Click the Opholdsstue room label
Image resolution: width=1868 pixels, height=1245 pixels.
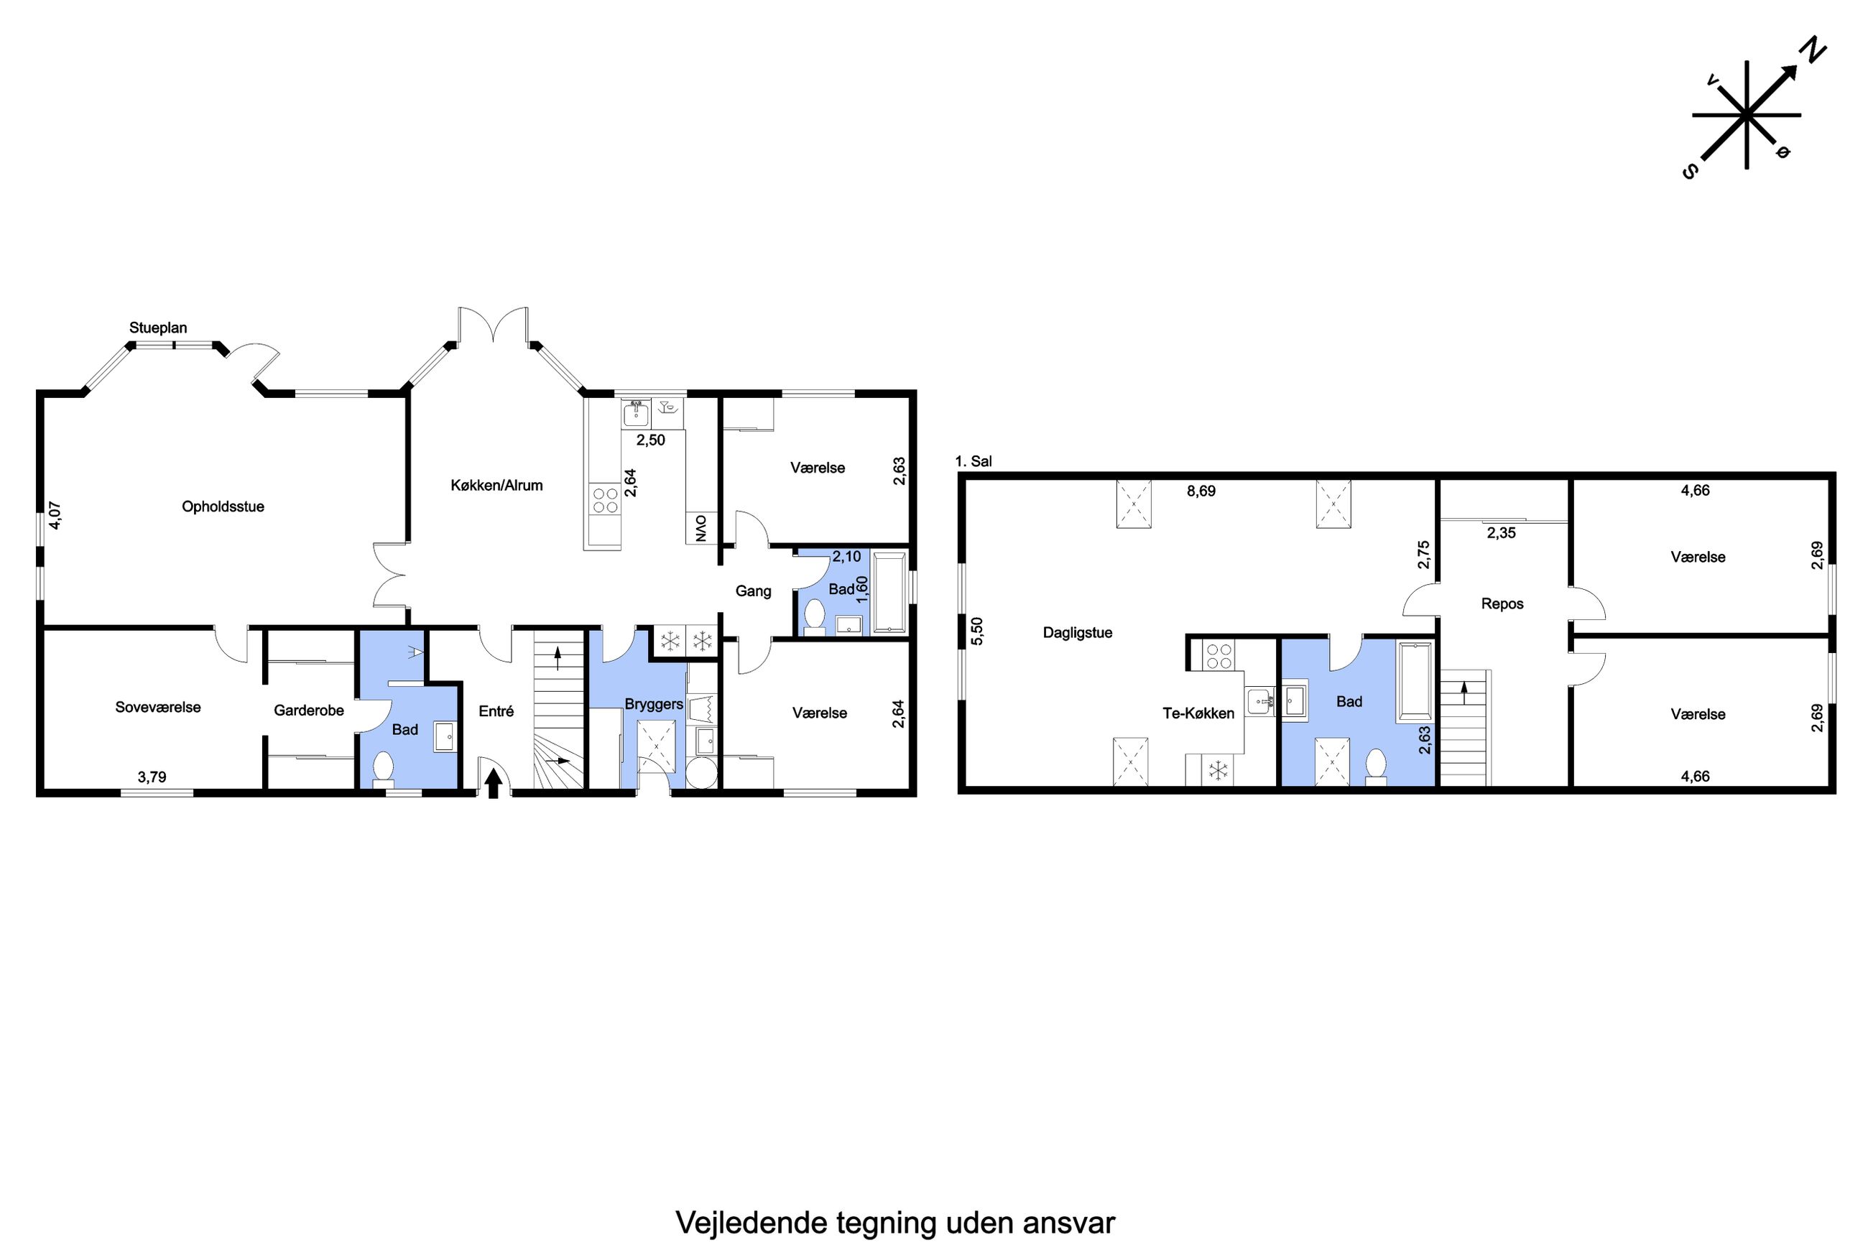pos(223,506)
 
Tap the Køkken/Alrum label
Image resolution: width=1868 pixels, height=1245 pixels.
pos(497,485)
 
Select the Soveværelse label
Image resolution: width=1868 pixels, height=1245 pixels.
pos(158,708)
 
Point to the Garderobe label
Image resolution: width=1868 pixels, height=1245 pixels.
pos(309,710)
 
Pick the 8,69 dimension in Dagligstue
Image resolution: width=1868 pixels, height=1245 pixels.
pos(1201,491)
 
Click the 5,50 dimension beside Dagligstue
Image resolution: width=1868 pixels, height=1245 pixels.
pos(977,631)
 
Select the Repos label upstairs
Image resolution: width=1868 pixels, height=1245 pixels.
pos(1502,603)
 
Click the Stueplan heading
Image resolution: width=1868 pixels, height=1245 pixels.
pos(158,328)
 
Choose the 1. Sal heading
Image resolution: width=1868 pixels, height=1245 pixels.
pos(974,461)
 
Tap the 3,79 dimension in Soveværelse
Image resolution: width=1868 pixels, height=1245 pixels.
pos(152,777)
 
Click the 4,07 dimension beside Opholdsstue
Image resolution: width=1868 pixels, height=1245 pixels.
pos(55,515)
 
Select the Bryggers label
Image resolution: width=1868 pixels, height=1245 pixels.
pos(653,704)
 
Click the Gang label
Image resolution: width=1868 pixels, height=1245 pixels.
pos(753,591)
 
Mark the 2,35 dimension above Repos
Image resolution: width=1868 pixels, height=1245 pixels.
pos(1502,533)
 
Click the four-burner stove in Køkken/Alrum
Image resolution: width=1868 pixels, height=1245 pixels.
pos(604,500)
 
